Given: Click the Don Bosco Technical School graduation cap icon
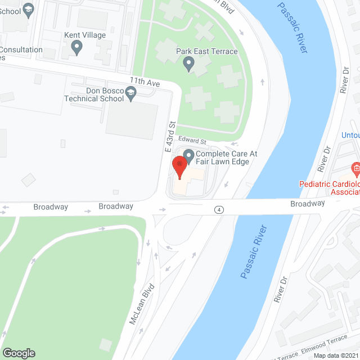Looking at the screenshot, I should pos(132,94).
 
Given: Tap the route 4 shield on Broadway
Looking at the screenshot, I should pos(218,209).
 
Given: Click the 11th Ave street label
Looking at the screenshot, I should pos(145,82).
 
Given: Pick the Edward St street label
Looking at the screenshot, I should pos(193,139).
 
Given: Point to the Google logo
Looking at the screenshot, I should pos(18,353).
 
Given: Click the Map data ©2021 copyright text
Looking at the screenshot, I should pos(336,355).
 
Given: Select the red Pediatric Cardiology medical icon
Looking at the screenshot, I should pos(355,168).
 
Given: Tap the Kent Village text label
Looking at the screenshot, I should pos(85,35).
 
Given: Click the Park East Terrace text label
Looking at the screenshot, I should pos(207,52).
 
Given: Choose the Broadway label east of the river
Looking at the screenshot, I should pos(308,203).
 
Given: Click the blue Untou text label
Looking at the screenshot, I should pos(350,135).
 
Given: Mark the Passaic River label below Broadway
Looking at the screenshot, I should pos(255,252).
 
